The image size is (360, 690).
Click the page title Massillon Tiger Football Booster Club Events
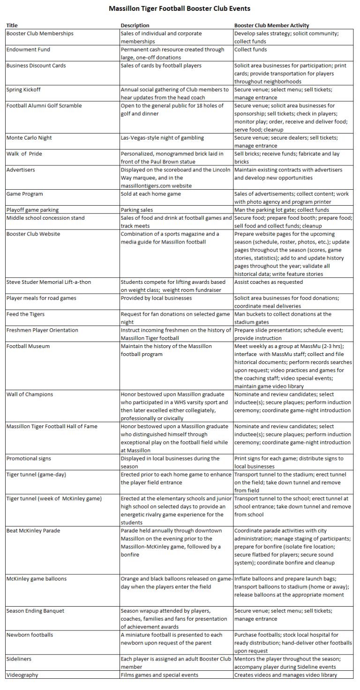click(x=180, y=8)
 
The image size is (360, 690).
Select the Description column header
click(x=135, y=25)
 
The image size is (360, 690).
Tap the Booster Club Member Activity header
click(x=271, y=25)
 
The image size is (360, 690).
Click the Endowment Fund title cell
click(x=28, y=50)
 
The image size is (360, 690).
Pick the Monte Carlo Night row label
click(x=29, y=138)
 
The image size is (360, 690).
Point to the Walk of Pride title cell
click(x=26, y=154)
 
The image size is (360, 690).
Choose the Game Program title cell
click(x=24, y=194)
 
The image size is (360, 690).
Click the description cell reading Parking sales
click(x=137, y=210)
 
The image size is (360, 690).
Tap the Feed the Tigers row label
click(x=25, y=314)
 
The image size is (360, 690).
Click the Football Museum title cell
click(x=28, y=346)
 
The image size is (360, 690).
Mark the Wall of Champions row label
click(x=30, y=394)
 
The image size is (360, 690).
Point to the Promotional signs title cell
click(x=29, y=458)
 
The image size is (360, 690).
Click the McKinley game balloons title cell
click(x=36, y=578)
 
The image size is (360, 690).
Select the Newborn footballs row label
click(x=30, y=635)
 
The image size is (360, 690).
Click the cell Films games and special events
click(x=159, y=675)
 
